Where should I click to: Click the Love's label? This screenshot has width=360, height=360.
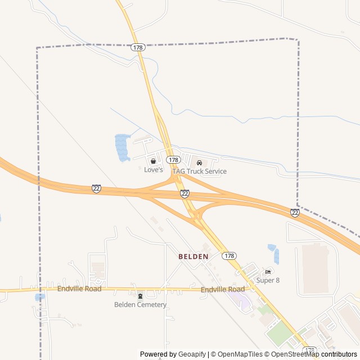click(x=153, y=169)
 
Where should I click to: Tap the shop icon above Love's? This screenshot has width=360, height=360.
click(x=153, y=161)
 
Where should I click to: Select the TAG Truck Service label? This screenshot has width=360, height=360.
click(x=199, y=171)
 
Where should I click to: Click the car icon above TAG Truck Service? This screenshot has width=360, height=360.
click(x=199, y=163)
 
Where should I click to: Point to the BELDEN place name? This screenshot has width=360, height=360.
click(x=193, y=256)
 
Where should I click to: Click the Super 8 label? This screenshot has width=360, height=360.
click(x=268, y=280)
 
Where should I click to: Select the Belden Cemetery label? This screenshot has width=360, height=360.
click(x=140, y=305)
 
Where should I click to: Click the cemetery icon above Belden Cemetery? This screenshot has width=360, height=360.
click(x=140, y=296)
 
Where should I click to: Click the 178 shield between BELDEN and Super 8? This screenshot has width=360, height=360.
click(x=228, y=256)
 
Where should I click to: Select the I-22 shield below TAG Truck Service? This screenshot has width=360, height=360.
click(x=185, y=193)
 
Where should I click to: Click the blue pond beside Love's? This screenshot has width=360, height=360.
click(x=121, y=147)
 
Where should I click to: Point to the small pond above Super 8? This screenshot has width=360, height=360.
click(x=272, y=247)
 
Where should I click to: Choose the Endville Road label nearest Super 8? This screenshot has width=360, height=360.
click(x=223, y=290)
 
